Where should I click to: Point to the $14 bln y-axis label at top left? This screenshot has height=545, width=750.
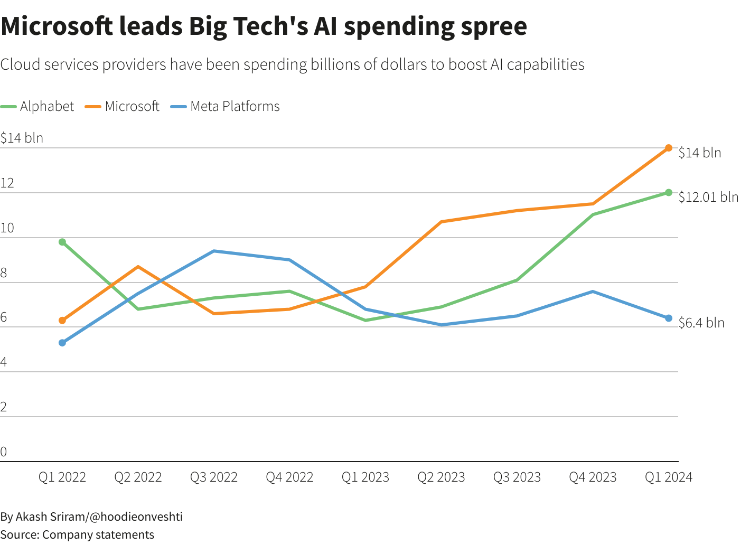pyautogui.click(x=22, y=138)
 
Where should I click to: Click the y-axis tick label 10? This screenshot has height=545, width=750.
pyautogui.click(x=7, y=228)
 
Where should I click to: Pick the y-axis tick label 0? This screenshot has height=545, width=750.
pyautogui.click(x=4, y=452)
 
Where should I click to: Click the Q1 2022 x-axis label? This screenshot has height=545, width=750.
pyautogui.click(x=62, y=477)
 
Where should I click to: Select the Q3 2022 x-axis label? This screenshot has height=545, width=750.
pyautogui.click(x=214, y=477)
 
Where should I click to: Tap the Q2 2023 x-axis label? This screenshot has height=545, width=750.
pyautogui.click(x=441, y=477)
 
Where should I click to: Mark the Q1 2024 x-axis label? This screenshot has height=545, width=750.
pyautogui.click(x=668, y=477)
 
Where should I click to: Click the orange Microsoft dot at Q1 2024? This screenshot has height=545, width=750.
pyautogui.click(x=669, y=148)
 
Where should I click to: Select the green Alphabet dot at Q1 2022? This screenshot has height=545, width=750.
pyautogui.click(x=62, y=242)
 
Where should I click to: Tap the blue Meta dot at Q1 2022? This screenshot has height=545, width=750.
pyautogui.click(x=62, y=343)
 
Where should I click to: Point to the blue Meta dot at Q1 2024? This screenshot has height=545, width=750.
pyautogui.click(x=669, y=318)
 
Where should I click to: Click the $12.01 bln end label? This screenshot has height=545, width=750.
pyautogui.click(x=708, y=197)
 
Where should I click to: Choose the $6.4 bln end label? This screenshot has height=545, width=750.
pyautogui.click(x=701, y=323)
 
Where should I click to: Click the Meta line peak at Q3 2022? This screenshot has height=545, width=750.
pyautogui.click(x=214, y=251)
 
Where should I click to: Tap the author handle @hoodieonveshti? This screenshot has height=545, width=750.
pyautogui.click(x=136, y=516)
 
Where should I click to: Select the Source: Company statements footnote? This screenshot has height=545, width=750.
pyautogui.click(x=77, y=534)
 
